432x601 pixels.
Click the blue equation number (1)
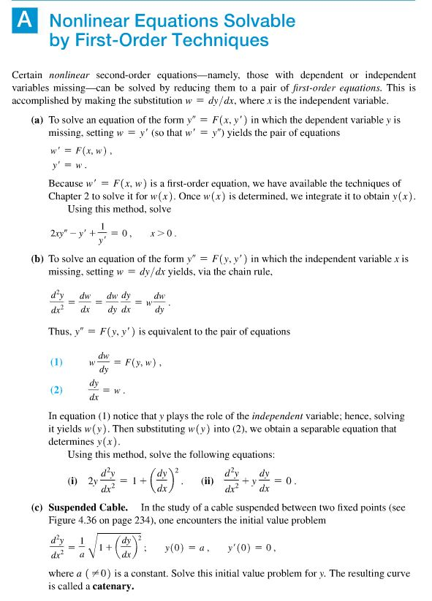pos(56,361)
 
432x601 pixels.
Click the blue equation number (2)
pos(56,389)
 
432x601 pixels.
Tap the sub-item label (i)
pos(73,481)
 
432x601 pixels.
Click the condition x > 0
pos(162,234)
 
